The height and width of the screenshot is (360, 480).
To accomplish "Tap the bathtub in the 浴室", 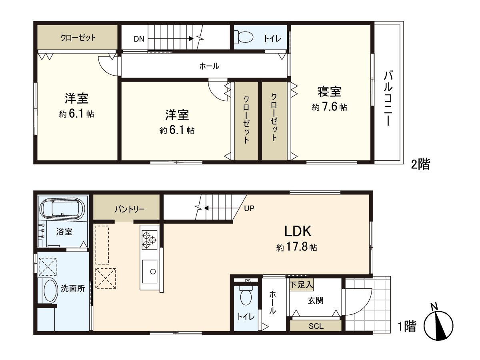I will click(x=63, y=209).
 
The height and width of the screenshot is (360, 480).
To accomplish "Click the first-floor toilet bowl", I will click(x=245, y=297).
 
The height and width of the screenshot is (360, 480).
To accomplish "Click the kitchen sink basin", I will click(x=150, y=271).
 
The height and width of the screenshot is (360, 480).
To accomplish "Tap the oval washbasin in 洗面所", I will click(x=50, y=291).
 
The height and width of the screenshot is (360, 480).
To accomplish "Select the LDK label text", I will click(x=298, y=231).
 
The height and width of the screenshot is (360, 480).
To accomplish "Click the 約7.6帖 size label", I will click(x=329, y=107).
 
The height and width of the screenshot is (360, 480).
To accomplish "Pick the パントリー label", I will click(x=127, y=209).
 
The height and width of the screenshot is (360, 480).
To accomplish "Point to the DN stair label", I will click(x=139, y=39).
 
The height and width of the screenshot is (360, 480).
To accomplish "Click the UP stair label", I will click(x=249, y=208).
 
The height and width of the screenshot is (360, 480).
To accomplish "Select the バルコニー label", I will click(x=388, y=98).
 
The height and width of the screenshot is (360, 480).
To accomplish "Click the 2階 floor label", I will click(x=420, y=164).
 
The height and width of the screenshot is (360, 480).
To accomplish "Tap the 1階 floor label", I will click(x=407, y=326).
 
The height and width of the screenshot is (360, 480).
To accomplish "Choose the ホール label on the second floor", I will click(x=209, y=66).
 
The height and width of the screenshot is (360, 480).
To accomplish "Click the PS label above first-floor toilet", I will click(x=248, y=280).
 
